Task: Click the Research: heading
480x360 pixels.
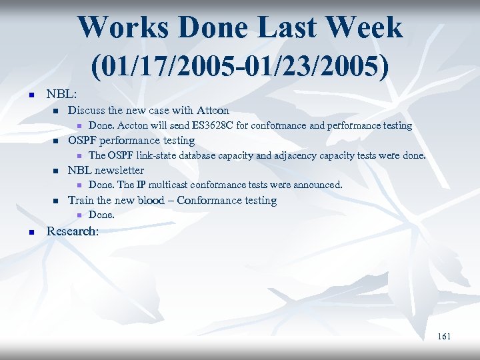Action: coord(72,231)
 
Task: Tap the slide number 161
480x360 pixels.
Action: coord(444,336)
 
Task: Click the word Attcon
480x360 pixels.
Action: coord(212,110)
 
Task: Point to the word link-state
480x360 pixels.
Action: coord(159,155)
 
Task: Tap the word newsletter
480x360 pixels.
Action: coord(119,170)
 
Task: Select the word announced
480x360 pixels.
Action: coord(317,185)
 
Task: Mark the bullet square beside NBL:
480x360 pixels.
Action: coord(31,95)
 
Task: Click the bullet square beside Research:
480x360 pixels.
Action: coord(31,232)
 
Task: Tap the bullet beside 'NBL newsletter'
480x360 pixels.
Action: coord(56,171)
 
